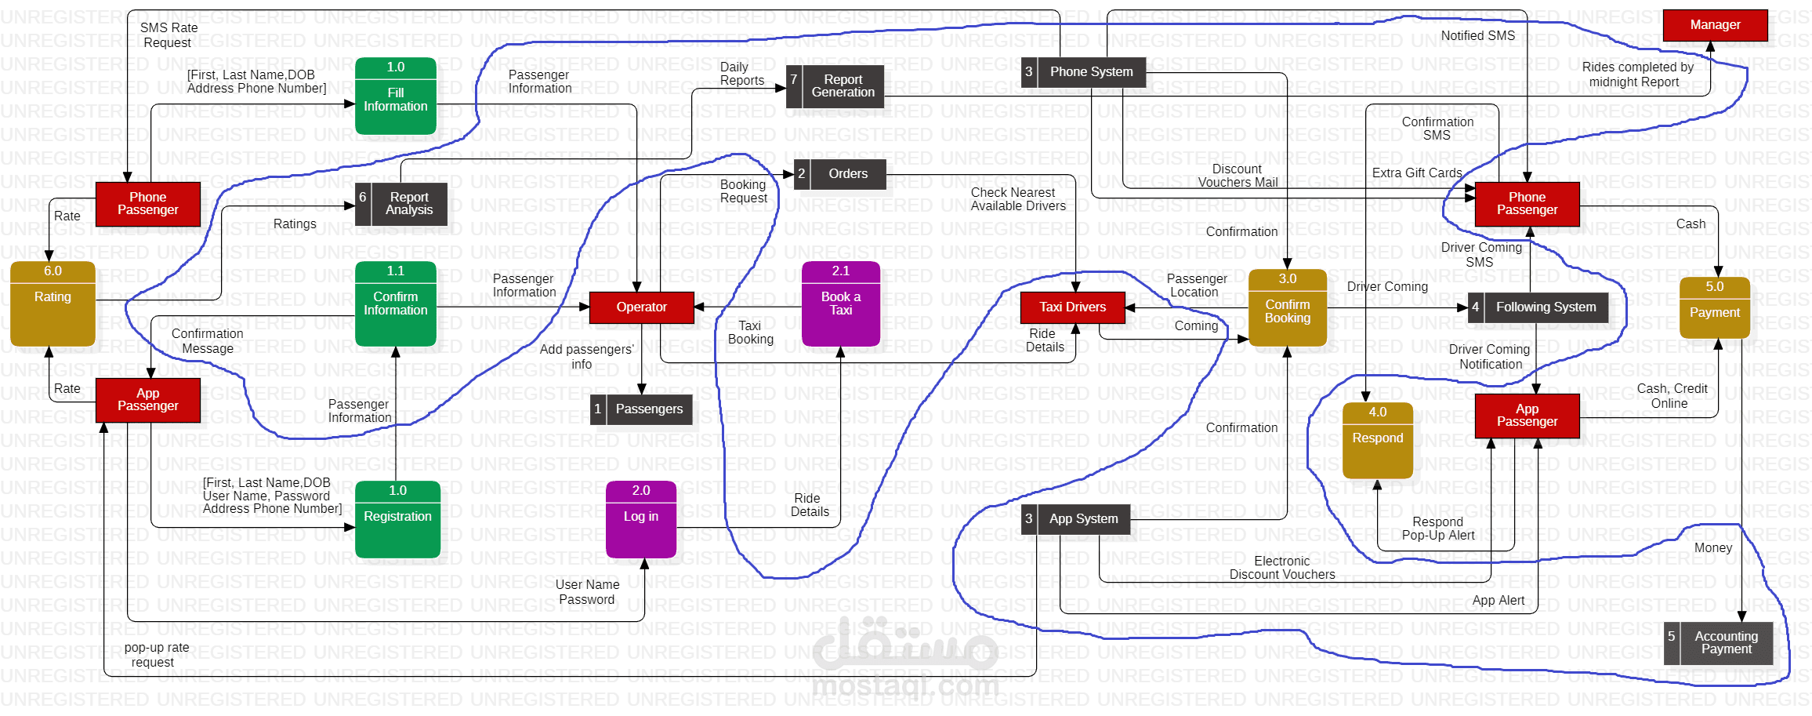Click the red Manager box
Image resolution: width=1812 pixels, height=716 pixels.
1715,25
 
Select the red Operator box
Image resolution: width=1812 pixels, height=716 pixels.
641,307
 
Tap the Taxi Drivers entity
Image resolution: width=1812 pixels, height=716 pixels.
1072,307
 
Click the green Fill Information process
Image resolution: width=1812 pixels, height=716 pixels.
396,96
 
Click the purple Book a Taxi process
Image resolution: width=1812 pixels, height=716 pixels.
840,303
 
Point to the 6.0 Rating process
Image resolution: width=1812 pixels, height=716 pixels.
53,303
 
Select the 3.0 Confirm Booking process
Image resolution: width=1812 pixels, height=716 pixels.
1287,307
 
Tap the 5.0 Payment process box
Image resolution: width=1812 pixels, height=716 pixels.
1714,307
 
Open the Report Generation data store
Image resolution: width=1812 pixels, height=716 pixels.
835,86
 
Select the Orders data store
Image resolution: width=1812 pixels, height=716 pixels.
840,174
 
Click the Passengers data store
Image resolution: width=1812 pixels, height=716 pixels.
641,409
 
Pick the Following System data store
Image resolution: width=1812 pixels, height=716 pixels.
1538,307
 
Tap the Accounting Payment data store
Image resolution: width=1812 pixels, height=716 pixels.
1718,643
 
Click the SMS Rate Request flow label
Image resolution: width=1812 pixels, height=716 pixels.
169,35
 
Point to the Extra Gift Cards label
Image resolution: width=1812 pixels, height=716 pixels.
1417,173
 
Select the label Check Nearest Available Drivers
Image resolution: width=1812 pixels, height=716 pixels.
1017,199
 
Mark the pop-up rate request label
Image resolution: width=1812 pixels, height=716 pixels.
156,655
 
